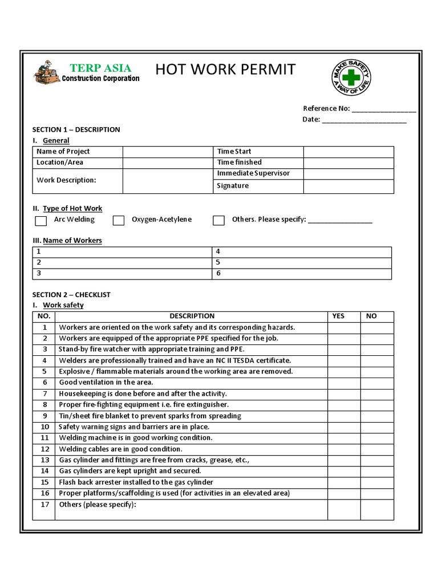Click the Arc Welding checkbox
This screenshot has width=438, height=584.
pos(41,221)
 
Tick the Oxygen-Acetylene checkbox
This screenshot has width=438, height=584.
pos(119,221)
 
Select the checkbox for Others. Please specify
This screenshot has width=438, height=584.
pos(218,221)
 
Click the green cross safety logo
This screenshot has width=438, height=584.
pos(352,78)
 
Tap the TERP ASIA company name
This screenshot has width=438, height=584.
pos(100,68)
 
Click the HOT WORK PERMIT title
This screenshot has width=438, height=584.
pos(226,70)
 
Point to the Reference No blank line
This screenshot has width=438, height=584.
pos(384,109)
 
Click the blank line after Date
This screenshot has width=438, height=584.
pos(364,120)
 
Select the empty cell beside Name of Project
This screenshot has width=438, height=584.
pos(167,152)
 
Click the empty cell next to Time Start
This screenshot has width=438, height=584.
pos(348,152)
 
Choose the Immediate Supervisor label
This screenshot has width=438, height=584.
pos(253,173)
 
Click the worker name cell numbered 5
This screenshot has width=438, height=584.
pos(302,262)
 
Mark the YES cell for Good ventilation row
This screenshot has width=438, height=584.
pos(344,383)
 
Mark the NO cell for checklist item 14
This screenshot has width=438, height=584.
pos(377,471)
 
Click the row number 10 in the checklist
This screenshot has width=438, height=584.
pos(44,427)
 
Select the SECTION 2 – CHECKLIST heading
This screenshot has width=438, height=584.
pos(71,295)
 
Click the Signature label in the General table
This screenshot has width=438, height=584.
pos(233,186)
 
